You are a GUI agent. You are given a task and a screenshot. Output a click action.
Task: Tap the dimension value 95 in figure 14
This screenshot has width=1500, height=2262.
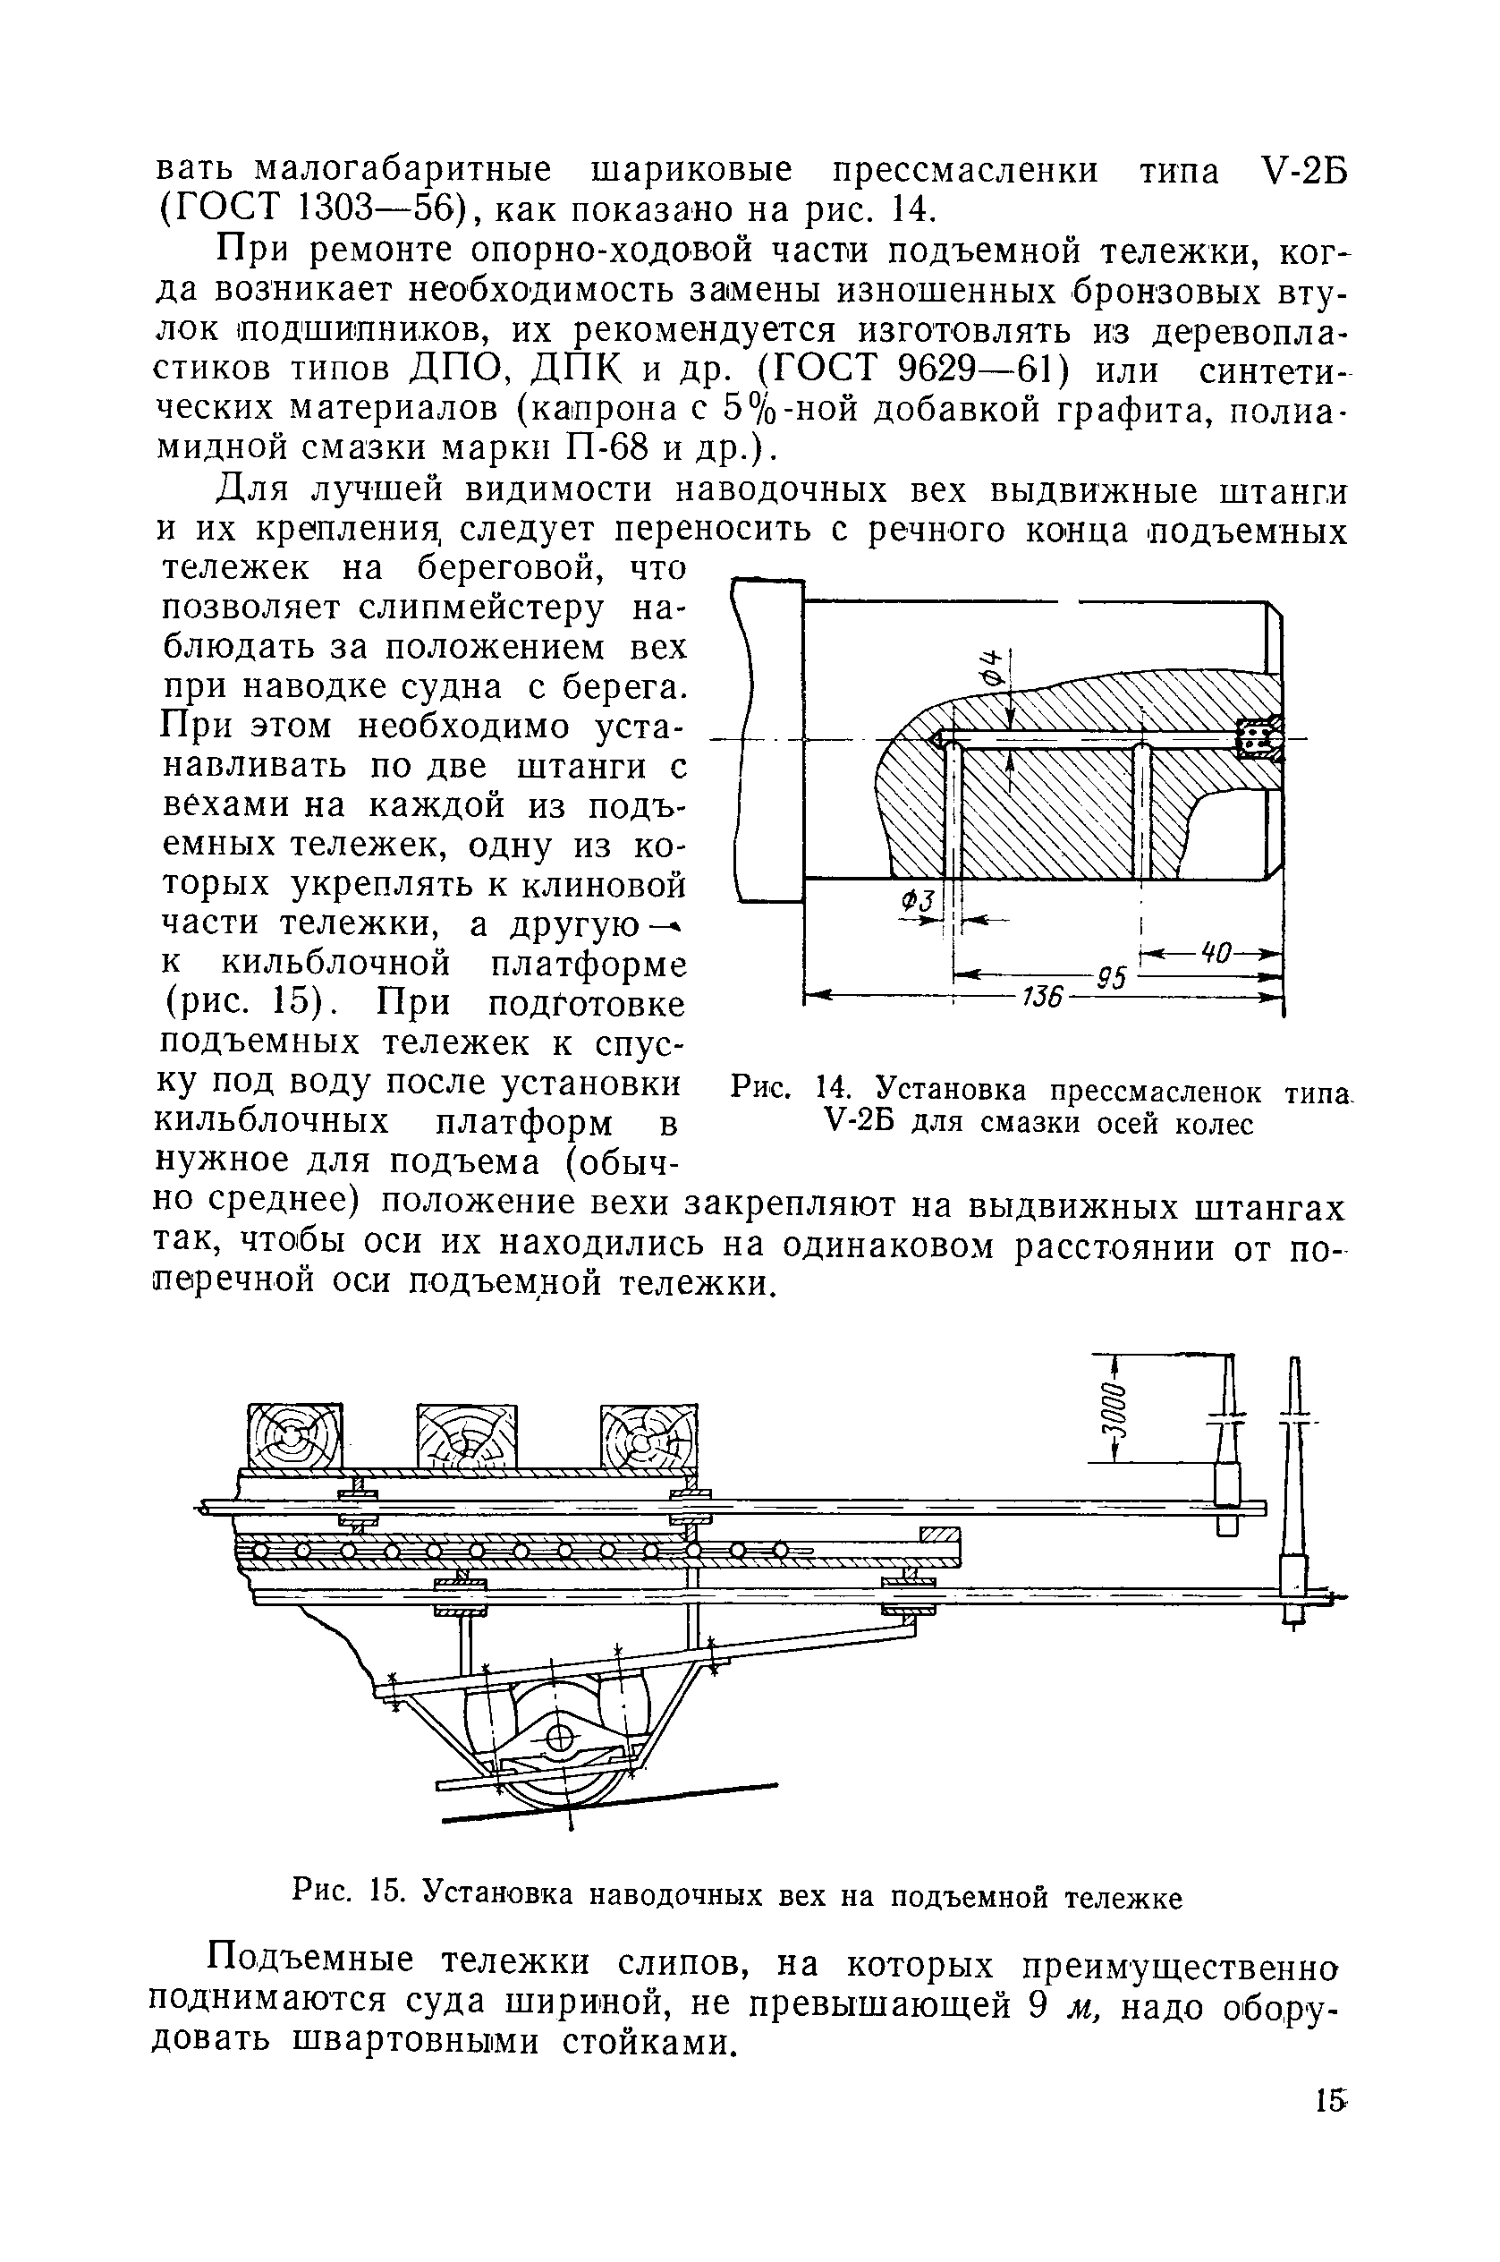(x=1111, y=978)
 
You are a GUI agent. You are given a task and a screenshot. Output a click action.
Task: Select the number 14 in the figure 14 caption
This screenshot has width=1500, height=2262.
(x=831, y=1090)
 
